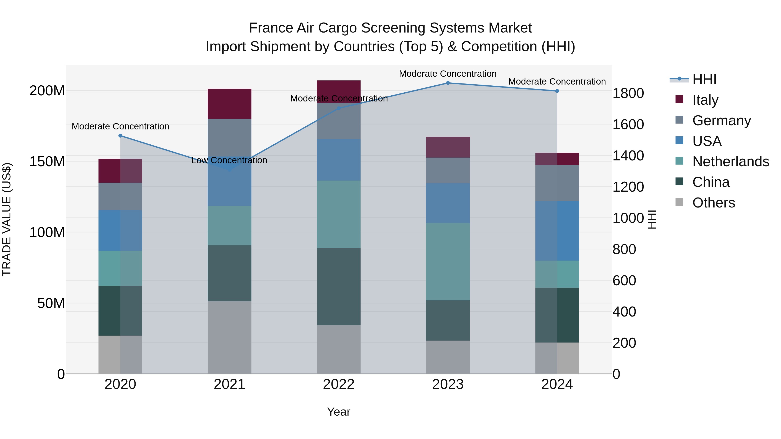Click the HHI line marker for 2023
pos(448,83)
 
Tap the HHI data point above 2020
pos(120,136)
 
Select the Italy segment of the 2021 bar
pos(230,104)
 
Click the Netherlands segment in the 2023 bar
pos(448,262)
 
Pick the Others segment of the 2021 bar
pos(230,338)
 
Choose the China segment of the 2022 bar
pos(339,287)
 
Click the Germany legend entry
pos(722,121)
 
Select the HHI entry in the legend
pos(704,79)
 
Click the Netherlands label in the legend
pos(731,162)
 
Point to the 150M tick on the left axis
pos(47,162)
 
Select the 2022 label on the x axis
pos(339,384)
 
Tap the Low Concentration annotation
pos(229,160)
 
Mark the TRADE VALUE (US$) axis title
pos(7,219)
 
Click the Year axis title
pos(339,412)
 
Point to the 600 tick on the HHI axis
pos(624,281)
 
